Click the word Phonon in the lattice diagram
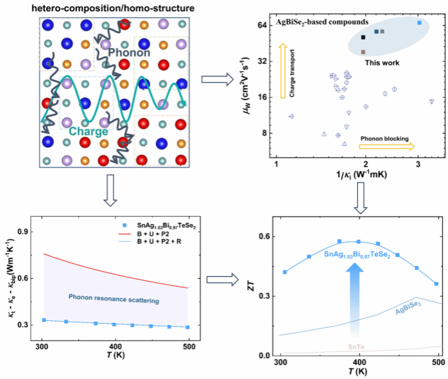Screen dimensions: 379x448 tap(130, 52)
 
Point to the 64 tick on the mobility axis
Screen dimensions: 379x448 tap(261, 25)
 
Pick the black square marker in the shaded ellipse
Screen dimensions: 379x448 tap(364, 38)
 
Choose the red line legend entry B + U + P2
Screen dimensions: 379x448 tap(150, 234)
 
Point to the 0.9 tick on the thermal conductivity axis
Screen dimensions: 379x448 tap(26, 231)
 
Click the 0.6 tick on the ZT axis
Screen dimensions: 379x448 tap(264, 236)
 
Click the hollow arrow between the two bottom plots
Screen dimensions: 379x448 tap(218, 279)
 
